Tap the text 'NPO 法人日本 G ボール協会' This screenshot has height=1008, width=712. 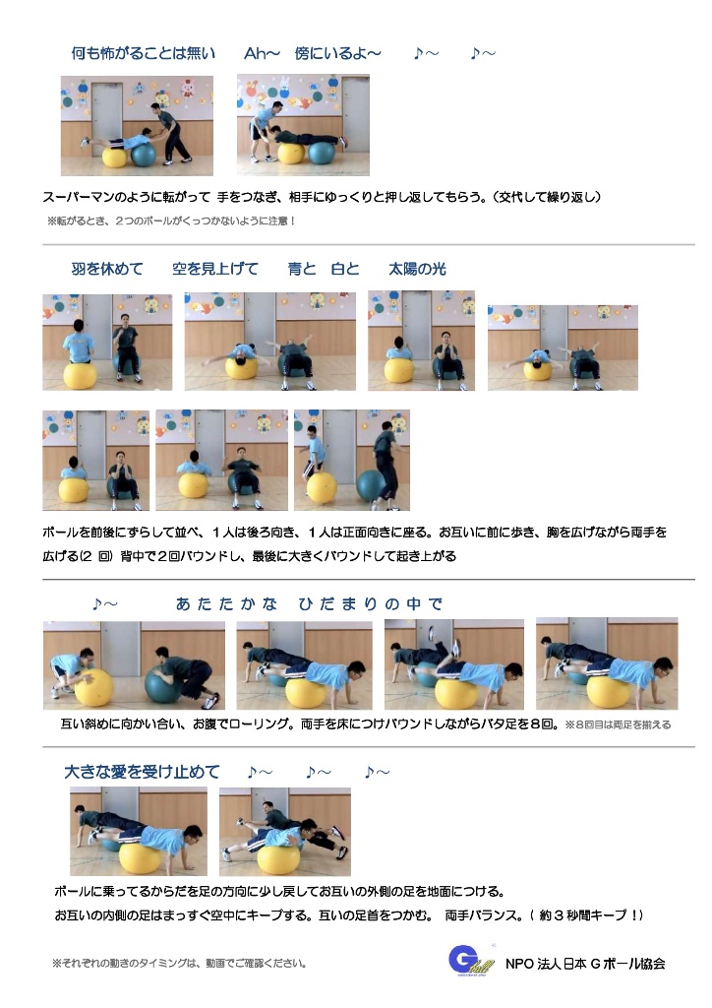tap(585, 964)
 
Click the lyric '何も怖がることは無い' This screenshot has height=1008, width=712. tap(144, 53)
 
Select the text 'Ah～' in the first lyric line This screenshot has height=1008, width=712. tap(262, 53)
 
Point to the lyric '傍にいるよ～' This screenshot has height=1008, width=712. tap(337, 53)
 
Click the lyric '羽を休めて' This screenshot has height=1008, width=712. tap(107, 269)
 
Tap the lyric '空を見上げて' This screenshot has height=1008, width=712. tap(215, 269)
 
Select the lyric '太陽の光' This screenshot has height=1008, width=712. tap(417, 269)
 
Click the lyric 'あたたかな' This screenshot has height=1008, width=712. tap(226, 603)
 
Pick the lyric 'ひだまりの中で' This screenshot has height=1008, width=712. tap(371, 603)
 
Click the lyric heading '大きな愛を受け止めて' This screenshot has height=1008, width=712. tap(142, 772)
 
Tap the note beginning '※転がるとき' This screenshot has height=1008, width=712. tap(171, 221)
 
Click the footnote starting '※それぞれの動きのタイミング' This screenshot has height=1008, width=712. tap(179, 963)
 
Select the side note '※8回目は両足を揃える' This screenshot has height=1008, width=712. tap(618, 724)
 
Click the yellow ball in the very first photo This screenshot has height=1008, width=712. tap(114, 156)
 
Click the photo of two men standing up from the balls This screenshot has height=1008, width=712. tap(352, 461)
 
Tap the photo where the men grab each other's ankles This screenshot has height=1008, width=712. tap(285, 832)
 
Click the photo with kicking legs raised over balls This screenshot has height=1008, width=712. tap(454, 664)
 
